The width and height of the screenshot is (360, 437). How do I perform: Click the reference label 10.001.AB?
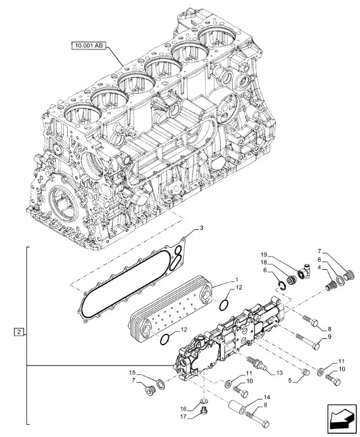point(89,46)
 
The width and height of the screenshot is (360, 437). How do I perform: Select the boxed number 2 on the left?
point(18,332)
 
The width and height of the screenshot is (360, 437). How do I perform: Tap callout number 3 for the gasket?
point(201,228)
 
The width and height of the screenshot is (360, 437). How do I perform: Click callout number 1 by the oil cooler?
point(237,279)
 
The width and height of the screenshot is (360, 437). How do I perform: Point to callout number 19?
point(264,255)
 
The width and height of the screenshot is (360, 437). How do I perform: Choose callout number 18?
point(264,262)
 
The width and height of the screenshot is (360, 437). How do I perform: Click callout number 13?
point(279,372)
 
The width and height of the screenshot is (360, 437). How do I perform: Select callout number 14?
point(267,397)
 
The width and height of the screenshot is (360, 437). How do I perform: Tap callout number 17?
point(183,417)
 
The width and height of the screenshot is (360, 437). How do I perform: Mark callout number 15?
point(132,372)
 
